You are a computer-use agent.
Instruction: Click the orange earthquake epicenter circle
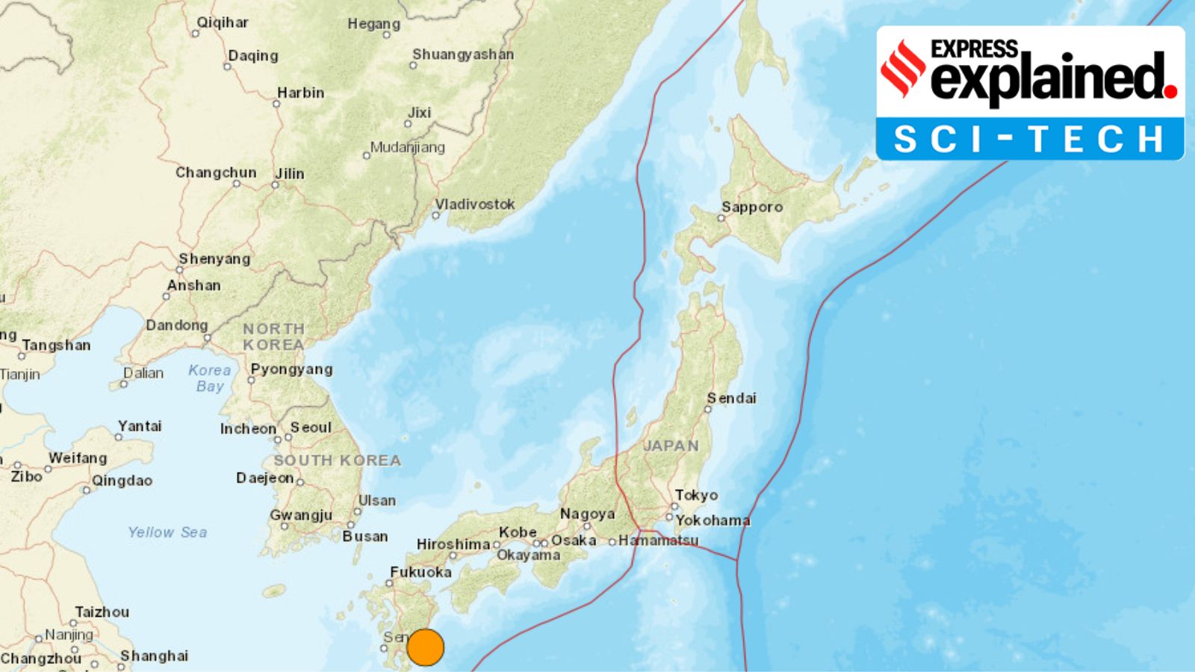click(x=426, y=647)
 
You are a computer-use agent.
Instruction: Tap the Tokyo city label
click(x=696, y=495)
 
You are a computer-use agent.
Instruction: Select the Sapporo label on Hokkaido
click(x=751, y=208)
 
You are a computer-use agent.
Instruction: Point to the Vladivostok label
click(x=475, y=205)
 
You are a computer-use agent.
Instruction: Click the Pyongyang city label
click(x=291, y=370)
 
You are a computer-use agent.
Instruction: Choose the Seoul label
click(x=311, y=428)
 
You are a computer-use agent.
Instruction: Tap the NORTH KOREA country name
click(x=273, y=337)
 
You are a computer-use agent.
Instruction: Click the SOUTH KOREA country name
click(x=337, y=461)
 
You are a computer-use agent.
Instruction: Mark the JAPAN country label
click(x=671, y=446)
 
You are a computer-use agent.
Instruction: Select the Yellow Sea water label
click(x=167, y=532)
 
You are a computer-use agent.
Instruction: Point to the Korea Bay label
click(x=210, y=378)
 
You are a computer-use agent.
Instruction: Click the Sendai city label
click(x=732, y=399)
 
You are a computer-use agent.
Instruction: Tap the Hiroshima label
click(x=453, y=544)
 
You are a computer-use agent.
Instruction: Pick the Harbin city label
click(x=300, y=93)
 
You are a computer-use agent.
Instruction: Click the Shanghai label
click(x=154, y=656)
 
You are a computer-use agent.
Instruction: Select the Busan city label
click(x=364, y=537)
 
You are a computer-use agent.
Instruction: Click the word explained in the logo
click(x=1049, y=78)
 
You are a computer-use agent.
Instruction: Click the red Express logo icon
click(x=903, y=68)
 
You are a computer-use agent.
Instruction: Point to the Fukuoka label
click(x=420, y=573)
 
